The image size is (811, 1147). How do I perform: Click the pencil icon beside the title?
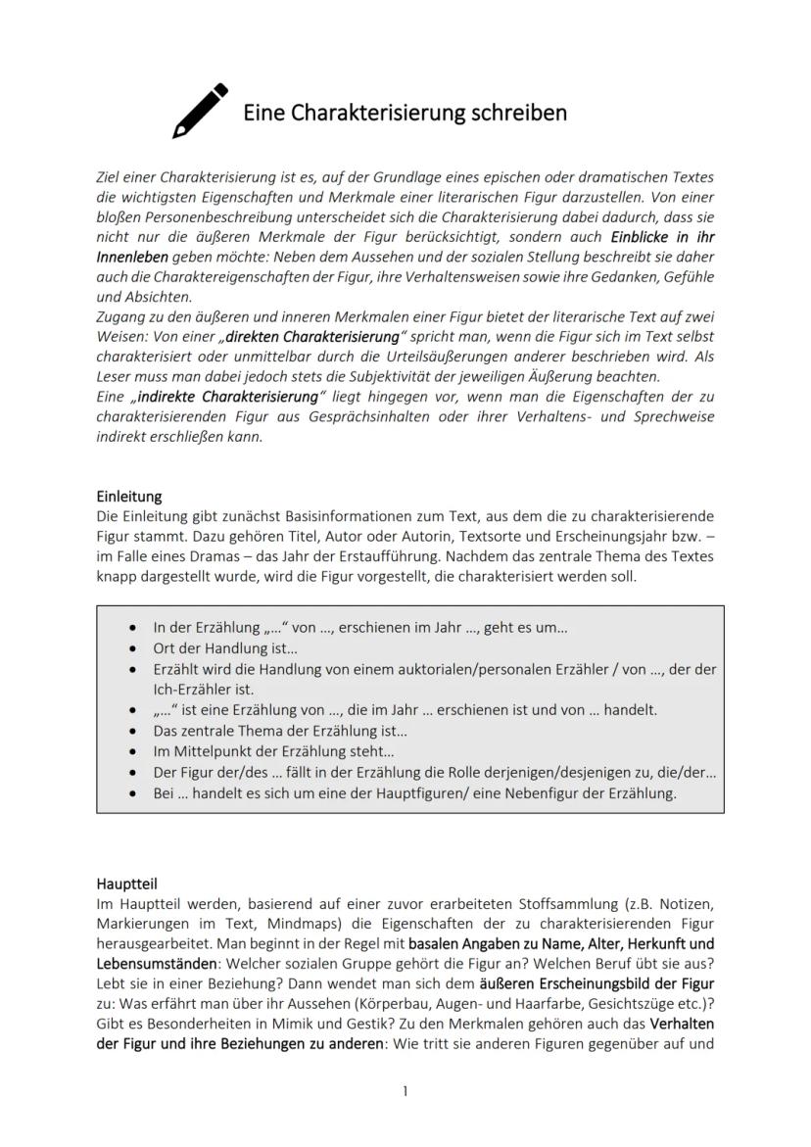(x=200, y=111)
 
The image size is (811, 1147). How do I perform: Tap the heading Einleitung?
(x=129, y=497)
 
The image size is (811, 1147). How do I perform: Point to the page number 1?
(x=405, y=1091)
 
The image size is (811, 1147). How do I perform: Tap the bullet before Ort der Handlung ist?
(x=132, y=648)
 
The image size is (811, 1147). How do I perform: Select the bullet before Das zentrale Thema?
(x=132, y=731)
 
